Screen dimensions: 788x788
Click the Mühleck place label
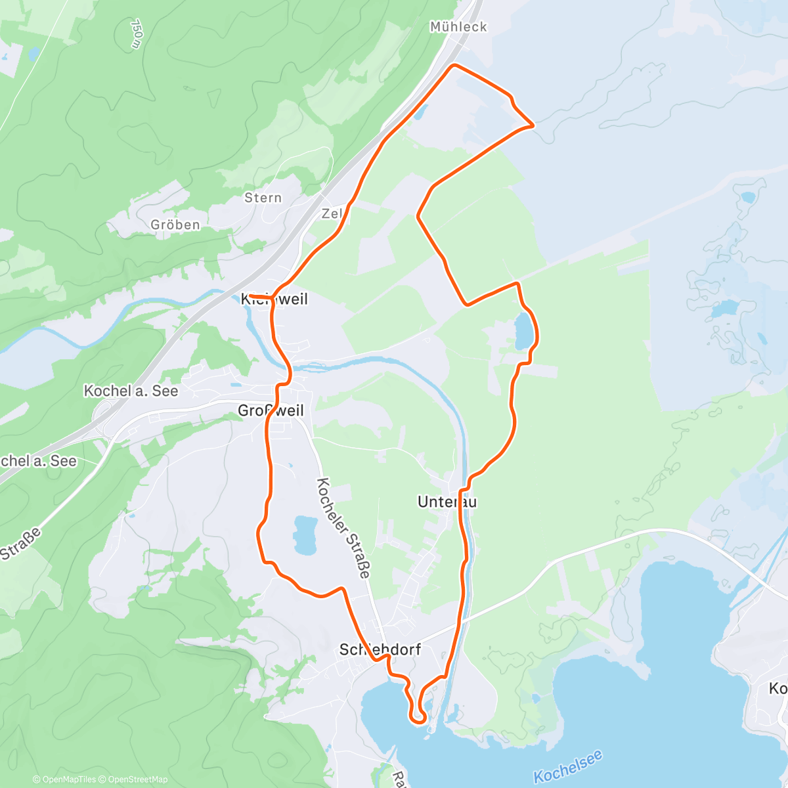458,27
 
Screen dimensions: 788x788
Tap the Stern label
263,198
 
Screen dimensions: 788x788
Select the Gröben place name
175,225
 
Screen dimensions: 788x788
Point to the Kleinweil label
274,299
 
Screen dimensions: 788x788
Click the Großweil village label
271,410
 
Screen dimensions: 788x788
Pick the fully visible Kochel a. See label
131,391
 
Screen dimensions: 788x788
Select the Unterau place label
447,502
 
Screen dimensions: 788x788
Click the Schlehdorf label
380,649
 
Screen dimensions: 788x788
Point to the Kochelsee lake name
568,767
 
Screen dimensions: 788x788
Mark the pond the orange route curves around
523,331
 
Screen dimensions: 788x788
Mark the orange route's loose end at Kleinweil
251,296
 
